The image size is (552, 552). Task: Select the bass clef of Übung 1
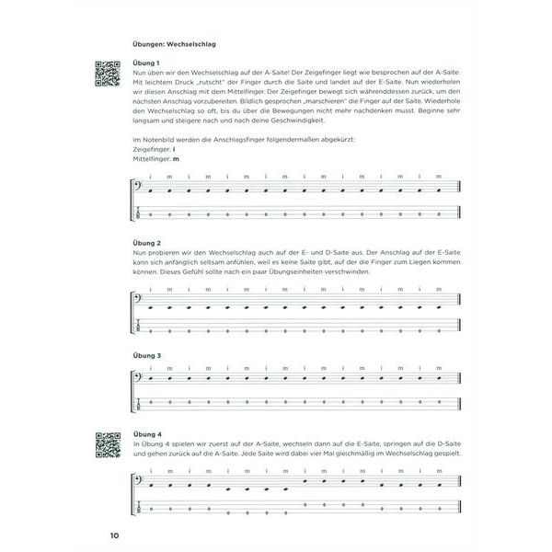(x=137, y=190)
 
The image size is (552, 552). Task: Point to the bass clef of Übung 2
(x=137, y=301)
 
